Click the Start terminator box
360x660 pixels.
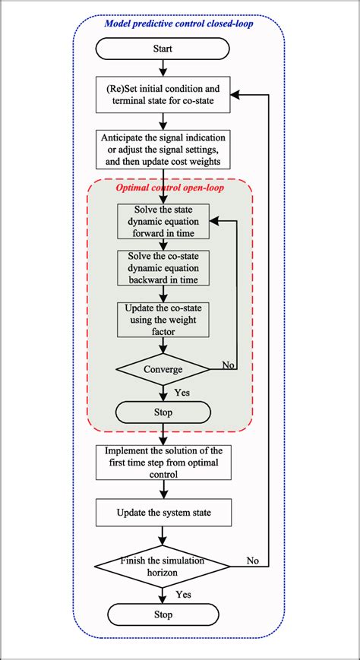(x=163, y=51)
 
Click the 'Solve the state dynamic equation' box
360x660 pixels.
(x=163, y=221)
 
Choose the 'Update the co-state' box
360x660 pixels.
(x=163, y=320)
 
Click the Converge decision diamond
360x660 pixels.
(x=163, y=369)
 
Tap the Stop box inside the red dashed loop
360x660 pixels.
(x=163, y=412)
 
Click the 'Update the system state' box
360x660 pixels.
(x=163, y=513)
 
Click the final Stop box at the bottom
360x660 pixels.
(x=163, y=614)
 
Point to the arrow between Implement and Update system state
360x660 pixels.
(x=163, y=490)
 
